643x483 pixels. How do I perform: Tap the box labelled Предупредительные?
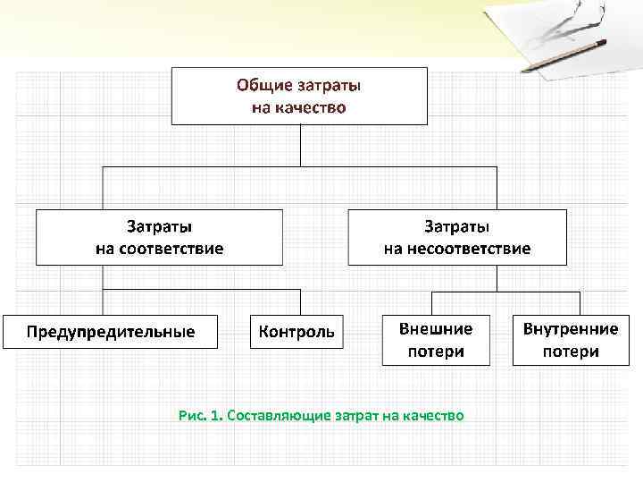[x=110, y=331]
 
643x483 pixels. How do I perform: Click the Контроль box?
[x=296, y=331]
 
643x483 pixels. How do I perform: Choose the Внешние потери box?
[x=436, y=340]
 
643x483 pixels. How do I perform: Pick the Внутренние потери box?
[x=571, y=340]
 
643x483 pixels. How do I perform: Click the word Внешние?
[x=436, y=328]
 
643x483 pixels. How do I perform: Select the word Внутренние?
[x=571, y=328]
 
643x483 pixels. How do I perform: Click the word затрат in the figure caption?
[x=356, y=415]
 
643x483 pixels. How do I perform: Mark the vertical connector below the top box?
[x=300, y=145]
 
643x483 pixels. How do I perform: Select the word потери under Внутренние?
[x=571, y=352]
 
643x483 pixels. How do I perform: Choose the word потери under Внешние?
[x=436, y=352]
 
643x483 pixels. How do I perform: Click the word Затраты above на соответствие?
[x=159, y=227]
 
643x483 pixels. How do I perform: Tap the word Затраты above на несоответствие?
[x=456, y=227]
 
